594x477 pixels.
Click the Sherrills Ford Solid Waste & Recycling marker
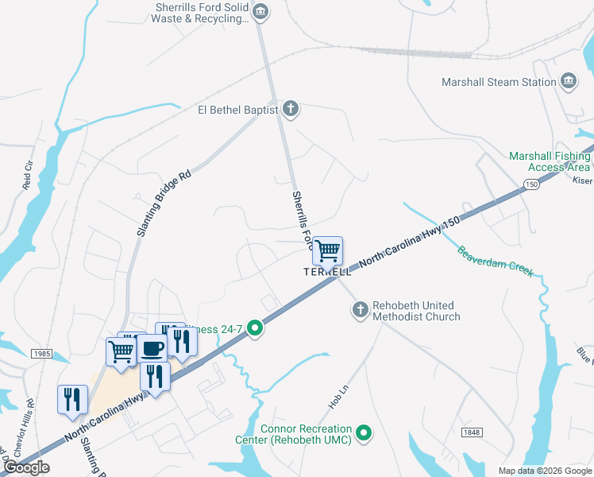click(260, 12)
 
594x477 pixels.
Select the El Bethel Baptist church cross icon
click(291, 109)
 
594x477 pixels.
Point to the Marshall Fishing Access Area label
click(550, 161)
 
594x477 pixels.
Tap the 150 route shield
click(530, 184)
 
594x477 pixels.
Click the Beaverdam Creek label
click(494, 262)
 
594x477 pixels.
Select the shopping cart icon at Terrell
click(327, 251)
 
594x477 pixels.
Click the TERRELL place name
click(327, 271)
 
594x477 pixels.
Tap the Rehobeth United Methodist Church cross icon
click(361, 308)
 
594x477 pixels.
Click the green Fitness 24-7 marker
click(254, 328)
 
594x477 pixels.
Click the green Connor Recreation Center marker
click(364, 432)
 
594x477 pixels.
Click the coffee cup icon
click(152, 348)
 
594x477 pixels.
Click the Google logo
click(26, 467)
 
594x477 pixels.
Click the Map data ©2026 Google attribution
click(544, 471)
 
